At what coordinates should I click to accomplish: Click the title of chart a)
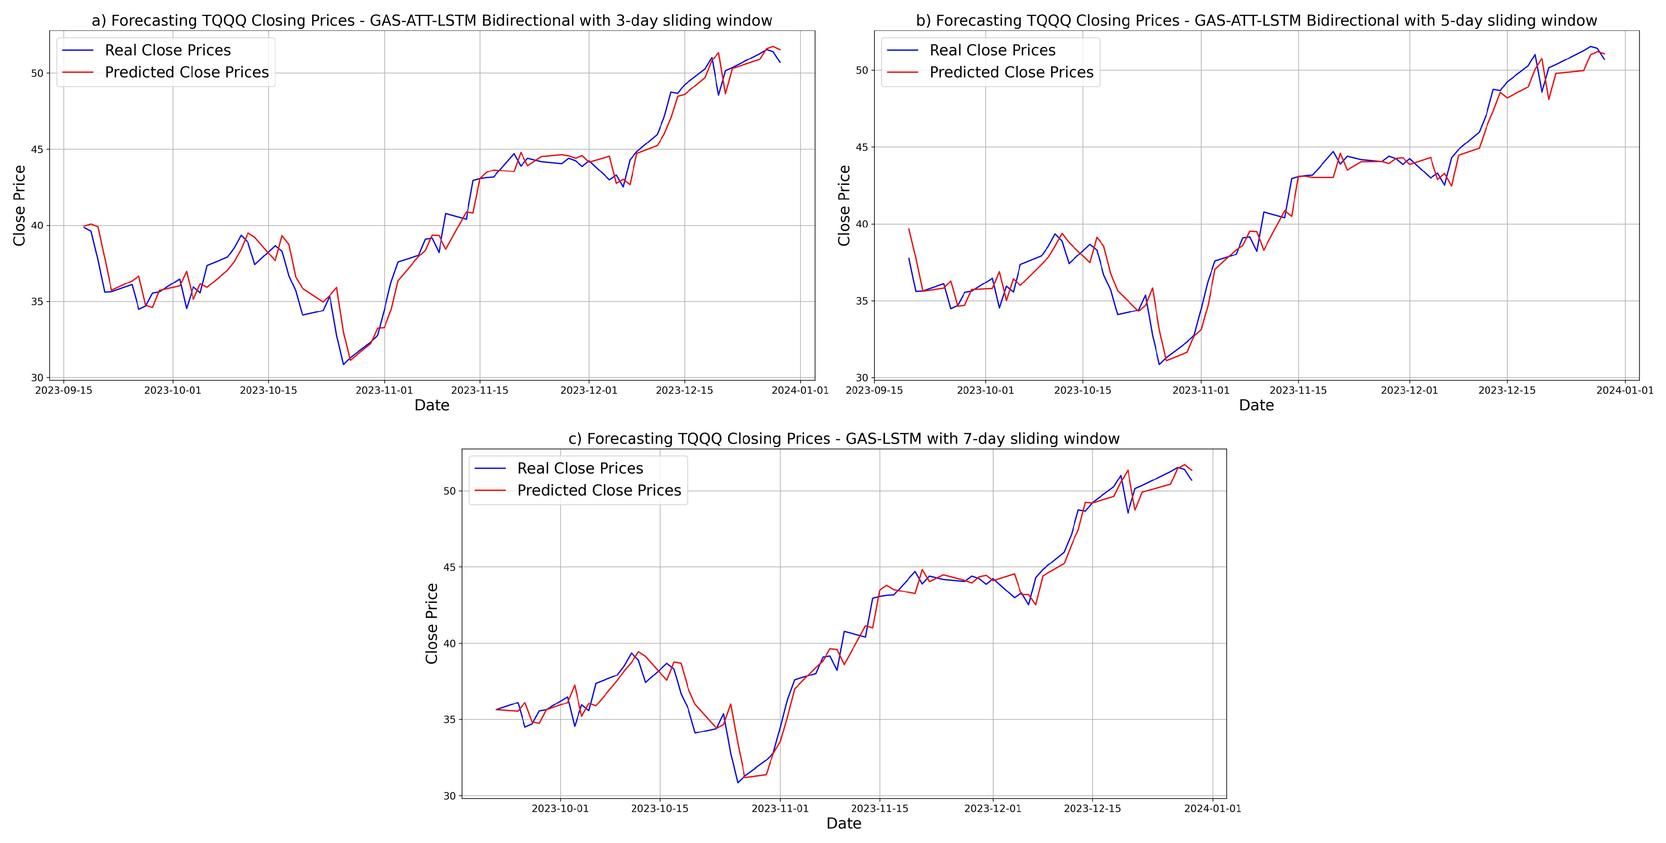pos(432,21)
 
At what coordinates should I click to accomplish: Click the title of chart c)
pos(844,439)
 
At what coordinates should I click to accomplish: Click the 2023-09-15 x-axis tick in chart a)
pos(63,390)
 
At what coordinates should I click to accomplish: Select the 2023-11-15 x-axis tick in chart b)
pos(1298,390)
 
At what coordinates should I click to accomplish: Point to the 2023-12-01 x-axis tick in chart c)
pos(993,809)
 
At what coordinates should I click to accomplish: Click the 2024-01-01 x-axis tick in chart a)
pos(801,390)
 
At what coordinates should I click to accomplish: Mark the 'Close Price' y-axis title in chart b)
pos(844,206)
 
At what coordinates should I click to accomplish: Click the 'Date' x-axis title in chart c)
pos(844,823)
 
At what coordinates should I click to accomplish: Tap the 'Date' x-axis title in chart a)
pos(432,405)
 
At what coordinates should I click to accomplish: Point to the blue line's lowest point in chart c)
pos(738,783)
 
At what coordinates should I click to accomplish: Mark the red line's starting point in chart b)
pos(909,228)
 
